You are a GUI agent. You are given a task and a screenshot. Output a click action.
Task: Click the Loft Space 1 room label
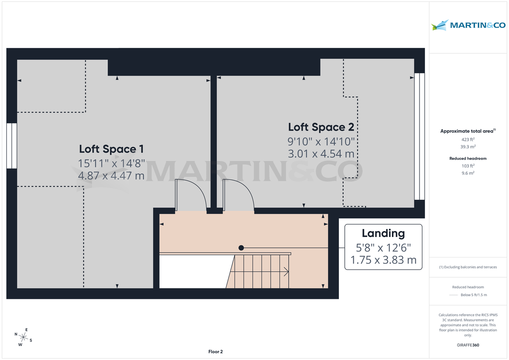[x=111, y=149]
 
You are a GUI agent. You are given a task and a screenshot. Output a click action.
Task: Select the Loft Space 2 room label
[x=321, y=127]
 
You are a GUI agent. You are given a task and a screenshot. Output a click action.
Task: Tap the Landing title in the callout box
[x=383, y=233]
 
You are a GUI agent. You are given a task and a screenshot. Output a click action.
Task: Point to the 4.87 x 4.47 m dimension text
[x=111, y=175]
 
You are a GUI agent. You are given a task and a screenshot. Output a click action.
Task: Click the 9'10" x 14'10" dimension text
[x=321, y=141]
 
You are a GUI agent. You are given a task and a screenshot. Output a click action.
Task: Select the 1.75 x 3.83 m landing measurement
[x=383, y=260]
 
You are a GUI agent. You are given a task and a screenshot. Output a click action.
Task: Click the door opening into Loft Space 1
[x=191, y=195]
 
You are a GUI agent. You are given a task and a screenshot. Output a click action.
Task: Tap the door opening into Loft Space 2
[x=238, y=195]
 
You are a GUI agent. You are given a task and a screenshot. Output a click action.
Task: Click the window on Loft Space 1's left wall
[x=11, y=146]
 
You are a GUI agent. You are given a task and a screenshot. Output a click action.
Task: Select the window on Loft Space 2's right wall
[x=419, y=137]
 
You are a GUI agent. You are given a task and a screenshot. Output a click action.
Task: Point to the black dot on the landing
[x=241, y=248]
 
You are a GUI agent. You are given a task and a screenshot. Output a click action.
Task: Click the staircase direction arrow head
[x=287, y=271]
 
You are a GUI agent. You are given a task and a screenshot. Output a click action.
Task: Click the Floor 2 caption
[x=215, y=352]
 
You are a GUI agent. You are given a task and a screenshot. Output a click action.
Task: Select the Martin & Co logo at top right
[x=468, y=25]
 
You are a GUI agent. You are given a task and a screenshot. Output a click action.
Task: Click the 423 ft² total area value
[x=468, y=139]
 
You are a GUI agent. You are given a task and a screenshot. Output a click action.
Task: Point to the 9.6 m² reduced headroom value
[x=468, y=173]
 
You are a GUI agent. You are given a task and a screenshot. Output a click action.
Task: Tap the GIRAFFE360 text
[x=468, y=345]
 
